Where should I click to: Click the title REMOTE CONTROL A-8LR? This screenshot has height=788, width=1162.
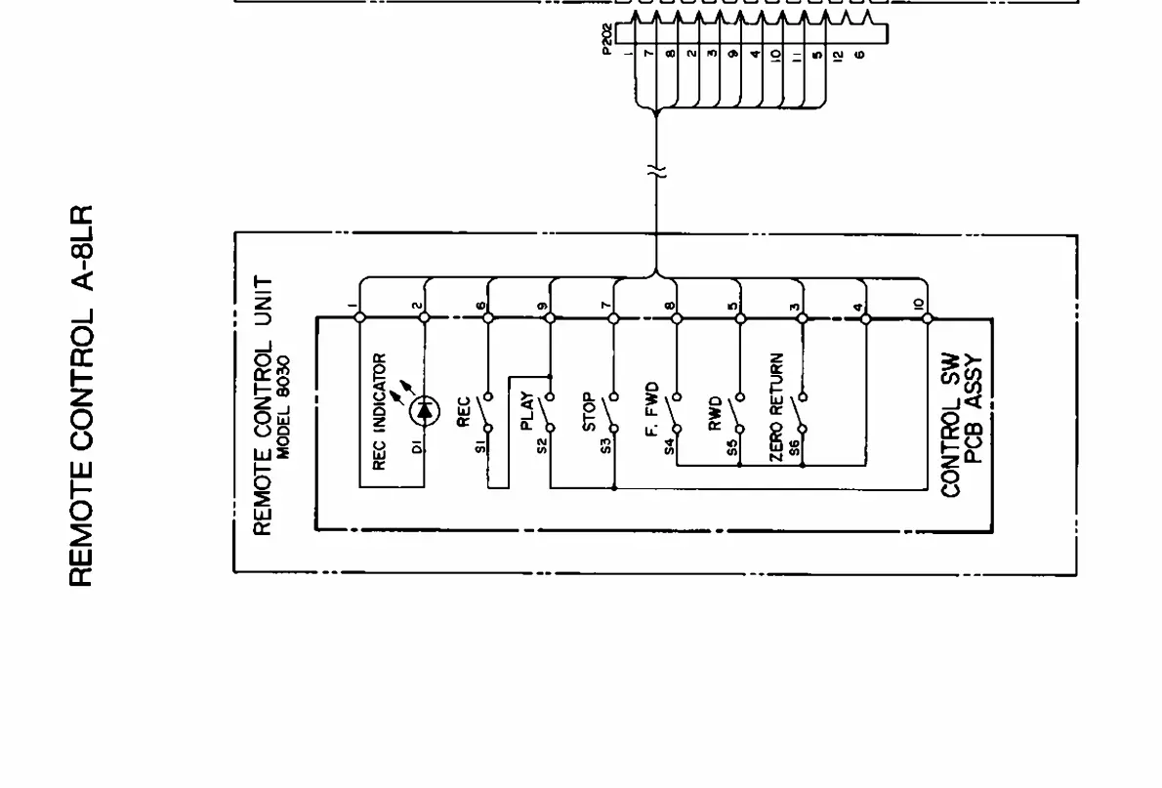click(x=82, y=395)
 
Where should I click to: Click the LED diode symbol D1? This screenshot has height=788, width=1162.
click(x=424, y=411)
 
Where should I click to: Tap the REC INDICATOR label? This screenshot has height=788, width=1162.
click(x=381, y=411)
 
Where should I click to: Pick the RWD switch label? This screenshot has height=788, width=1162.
click(x=715, y=413)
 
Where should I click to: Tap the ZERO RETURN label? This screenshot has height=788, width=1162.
click(x=777, y=399)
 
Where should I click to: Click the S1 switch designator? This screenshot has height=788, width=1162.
click(x=481, y=446)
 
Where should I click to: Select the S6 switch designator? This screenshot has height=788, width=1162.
click(x=795, y=446)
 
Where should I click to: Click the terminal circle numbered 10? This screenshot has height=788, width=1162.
click(x=927, y=317)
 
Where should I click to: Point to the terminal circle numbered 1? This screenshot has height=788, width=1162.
click(x=359, y=317)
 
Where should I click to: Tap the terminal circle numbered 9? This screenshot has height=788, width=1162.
click(x=550, y=317)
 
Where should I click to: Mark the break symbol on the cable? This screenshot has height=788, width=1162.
click(x=656, y=172)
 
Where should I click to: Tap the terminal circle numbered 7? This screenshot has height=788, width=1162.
click(x=612, y=317)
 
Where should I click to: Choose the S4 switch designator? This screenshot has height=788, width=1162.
click(x=670, y=446)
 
